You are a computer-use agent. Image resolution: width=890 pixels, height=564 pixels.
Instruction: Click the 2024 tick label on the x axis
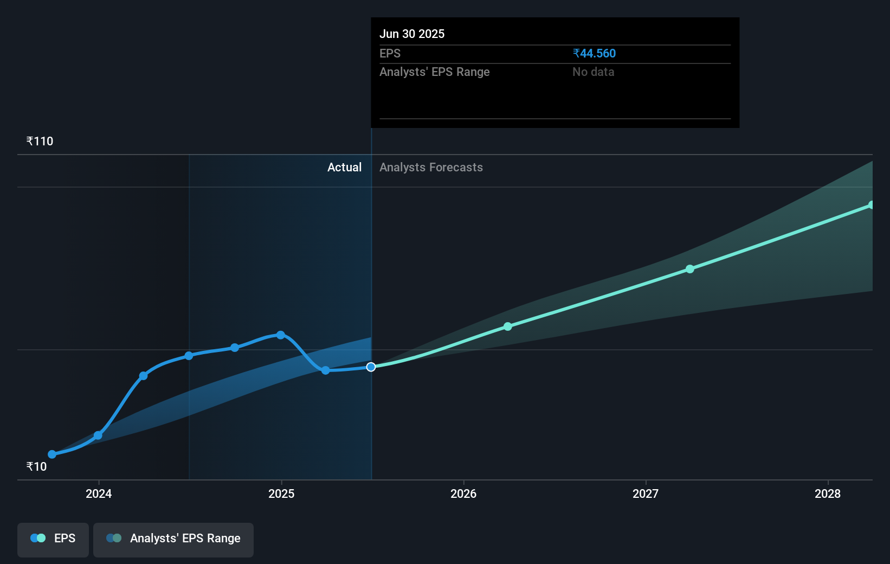pyautogui.click(x=99, y=493)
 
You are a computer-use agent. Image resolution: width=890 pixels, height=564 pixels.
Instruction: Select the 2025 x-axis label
pyautogui.click(x=281, y=493)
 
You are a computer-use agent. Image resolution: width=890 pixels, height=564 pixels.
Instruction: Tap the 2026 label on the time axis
pyautogui.click(x=463, y=493)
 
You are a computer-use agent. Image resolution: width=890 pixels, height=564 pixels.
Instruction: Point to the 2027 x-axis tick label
pyautogui.click(x=646, y=493)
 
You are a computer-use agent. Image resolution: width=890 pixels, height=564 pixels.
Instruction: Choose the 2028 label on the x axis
pyautogui.click(x=828, y=493)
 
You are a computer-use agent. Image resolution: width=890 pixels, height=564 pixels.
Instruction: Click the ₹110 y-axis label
pyautogui.click(x=40, y=142)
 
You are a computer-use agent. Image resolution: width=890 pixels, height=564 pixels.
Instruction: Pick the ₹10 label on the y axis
pyautogui.click(x=37, y=466)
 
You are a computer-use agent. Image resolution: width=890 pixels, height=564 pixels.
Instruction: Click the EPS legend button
pyautogui.click(x=53, y=539)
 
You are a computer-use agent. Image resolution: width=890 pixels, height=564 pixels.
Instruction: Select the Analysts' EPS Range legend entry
pyautogui.click(x=173, y=539)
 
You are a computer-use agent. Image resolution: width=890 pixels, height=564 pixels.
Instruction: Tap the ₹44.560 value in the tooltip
pyautogui.click(x=594, y=54)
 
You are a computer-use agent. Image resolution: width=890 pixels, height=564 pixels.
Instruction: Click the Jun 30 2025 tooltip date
pyautogui.click(x=412, y=34)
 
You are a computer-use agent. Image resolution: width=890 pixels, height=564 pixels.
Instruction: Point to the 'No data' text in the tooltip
pyautogui.click(x=593, y=72)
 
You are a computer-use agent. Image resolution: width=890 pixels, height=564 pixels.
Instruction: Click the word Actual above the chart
pyautogui.click(x=344, y=168)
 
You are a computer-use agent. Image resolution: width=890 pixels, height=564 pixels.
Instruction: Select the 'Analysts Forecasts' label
pyautogui.click(x=431, y=168)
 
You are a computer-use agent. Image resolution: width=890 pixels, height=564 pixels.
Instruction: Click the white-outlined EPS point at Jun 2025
pyautogui.click(x=371, y=367)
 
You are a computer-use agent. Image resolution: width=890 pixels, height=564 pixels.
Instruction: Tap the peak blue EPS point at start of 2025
pyautogui.click(x=280, y=335)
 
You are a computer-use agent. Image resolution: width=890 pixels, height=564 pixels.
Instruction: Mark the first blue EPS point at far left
pyautogui.click(x=52, y=454)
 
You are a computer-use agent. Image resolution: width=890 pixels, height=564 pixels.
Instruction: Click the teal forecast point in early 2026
pyautogui.click(x=508, y=326)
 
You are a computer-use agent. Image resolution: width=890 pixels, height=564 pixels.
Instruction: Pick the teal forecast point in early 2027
pyautogui.click(x=690, y=269)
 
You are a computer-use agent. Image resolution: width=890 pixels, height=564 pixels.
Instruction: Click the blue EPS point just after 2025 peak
pyautogui.click(x=325, y=370)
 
